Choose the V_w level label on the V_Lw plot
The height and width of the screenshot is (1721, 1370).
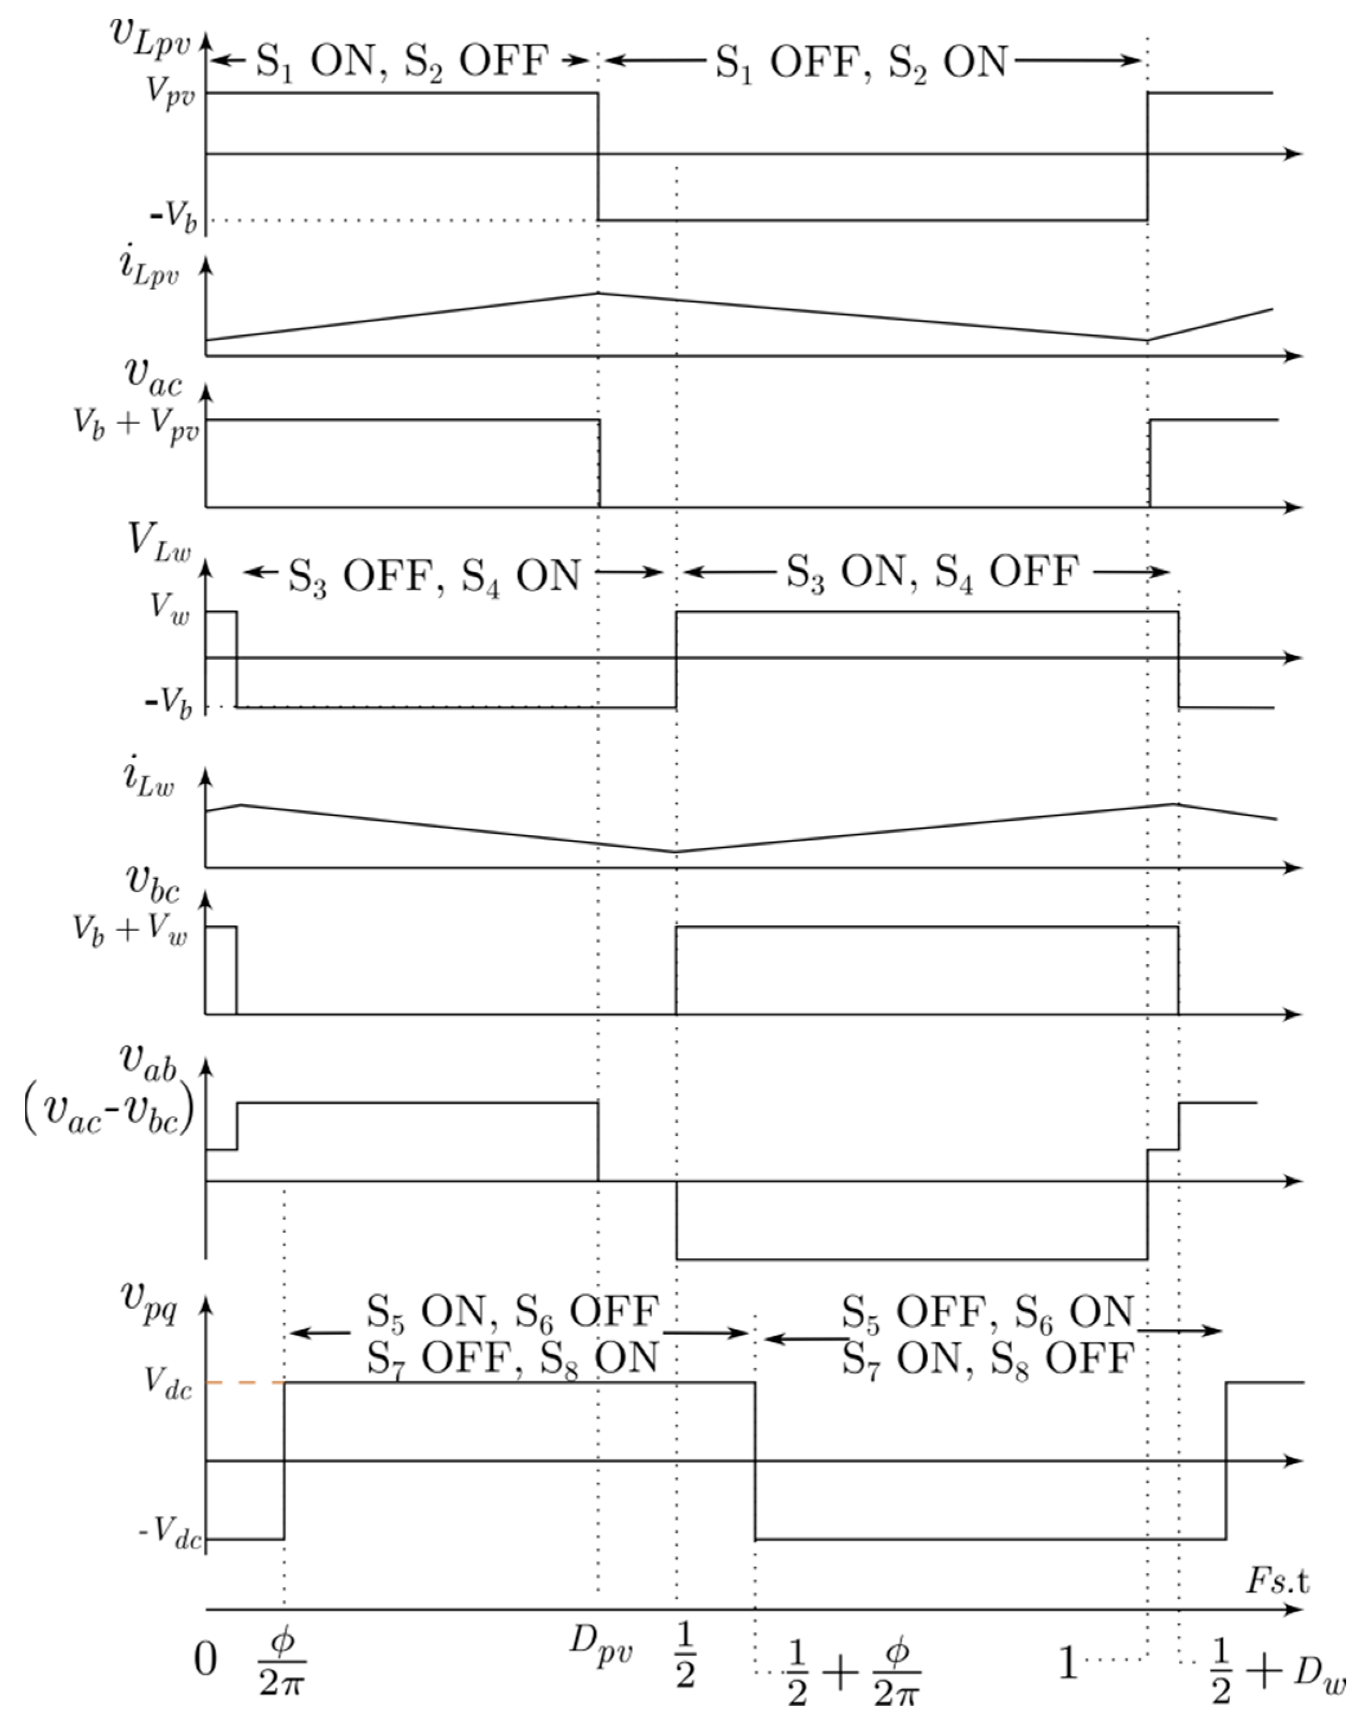(x=170, y=608)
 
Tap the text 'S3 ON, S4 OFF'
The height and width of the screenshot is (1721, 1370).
(x=932, y=571)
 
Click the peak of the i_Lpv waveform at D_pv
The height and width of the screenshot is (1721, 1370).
(x=599, y=293)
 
